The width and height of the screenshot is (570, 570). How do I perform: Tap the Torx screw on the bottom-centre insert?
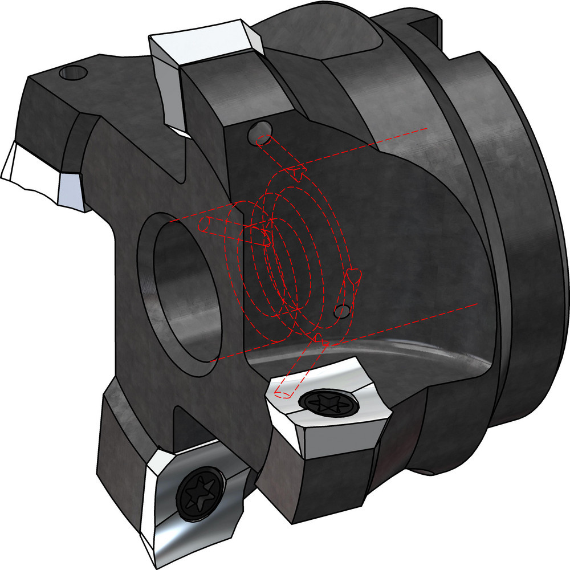click(x=327, y=403)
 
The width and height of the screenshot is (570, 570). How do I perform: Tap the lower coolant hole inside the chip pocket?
click(x=342, y=311)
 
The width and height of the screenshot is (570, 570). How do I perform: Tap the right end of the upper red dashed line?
click(x=426, y=129)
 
